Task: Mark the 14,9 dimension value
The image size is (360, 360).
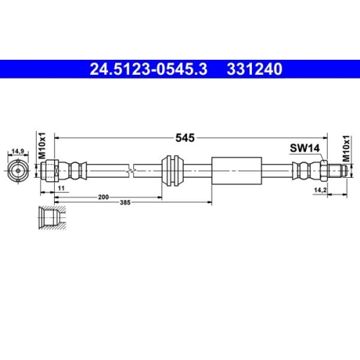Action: [17, 151]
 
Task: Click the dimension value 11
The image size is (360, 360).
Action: [62, 187]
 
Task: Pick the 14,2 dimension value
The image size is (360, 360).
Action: [321, 190]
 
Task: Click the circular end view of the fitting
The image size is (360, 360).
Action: [17, 171]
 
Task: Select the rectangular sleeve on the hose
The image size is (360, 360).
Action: [235, 171]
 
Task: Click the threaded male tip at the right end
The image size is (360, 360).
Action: [344, 171]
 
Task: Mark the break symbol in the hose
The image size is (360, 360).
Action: [131, 171]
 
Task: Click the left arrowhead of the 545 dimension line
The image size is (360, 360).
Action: [59, 135]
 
